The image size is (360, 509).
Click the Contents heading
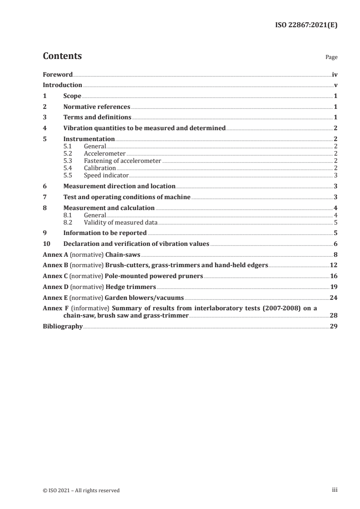[x=62, y=56]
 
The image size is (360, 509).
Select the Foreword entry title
[x=58, y=74]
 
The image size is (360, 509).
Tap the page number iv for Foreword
[x=335, y=74]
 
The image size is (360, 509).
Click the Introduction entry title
[x=62, y=85]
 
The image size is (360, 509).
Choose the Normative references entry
[x=97, y=107]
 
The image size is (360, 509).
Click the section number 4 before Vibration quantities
[x=44, y=128]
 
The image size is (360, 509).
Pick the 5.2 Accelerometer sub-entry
[x=104, y=153]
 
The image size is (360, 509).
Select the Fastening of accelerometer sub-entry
[x=123, y=161]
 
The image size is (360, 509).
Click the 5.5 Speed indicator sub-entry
[x=106, y=175]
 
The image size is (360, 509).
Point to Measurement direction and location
[x=119, y=186]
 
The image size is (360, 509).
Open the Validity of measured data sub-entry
[x=120, y=222]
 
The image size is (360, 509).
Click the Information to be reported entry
[x=105, y=233]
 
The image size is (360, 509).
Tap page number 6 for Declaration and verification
[x=335, y=244]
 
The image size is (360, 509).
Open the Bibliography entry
[x=62, y=326]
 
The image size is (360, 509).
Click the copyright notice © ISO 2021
[x=81, y=490]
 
